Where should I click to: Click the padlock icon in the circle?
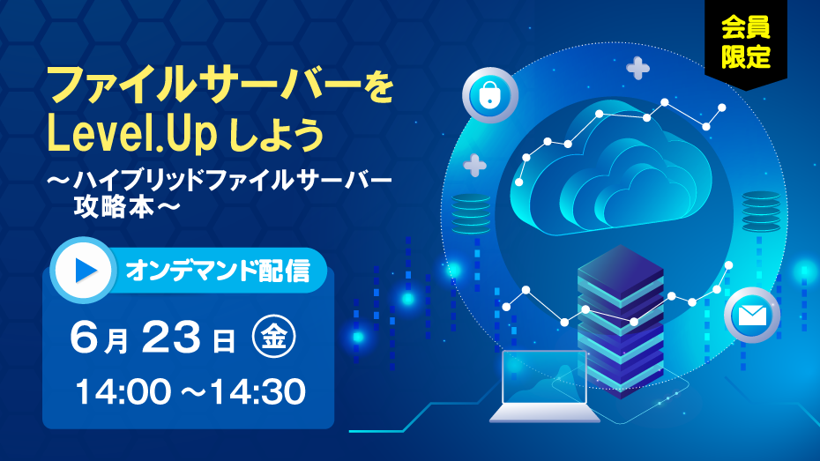489,94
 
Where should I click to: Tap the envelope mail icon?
752,316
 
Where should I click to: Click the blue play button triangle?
86,271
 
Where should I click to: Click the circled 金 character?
273,336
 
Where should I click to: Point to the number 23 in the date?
171,337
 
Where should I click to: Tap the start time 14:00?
123,391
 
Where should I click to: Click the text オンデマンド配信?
218,271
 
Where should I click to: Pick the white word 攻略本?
114,207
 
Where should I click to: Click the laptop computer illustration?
544,386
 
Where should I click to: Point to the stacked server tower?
621,320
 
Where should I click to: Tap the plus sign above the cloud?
638,68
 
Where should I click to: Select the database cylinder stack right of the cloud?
762,212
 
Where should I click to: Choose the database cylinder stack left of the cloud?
471,214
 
